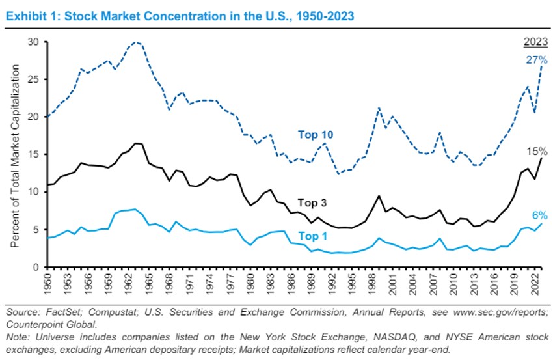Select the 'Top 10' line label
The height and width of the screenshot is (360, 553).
[x=317, y=135]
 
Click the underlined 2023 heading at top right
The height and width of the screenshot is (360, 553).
[x=535, y=43]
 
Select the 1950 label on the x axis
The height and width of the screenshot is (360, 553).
[x=46, y=284]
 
